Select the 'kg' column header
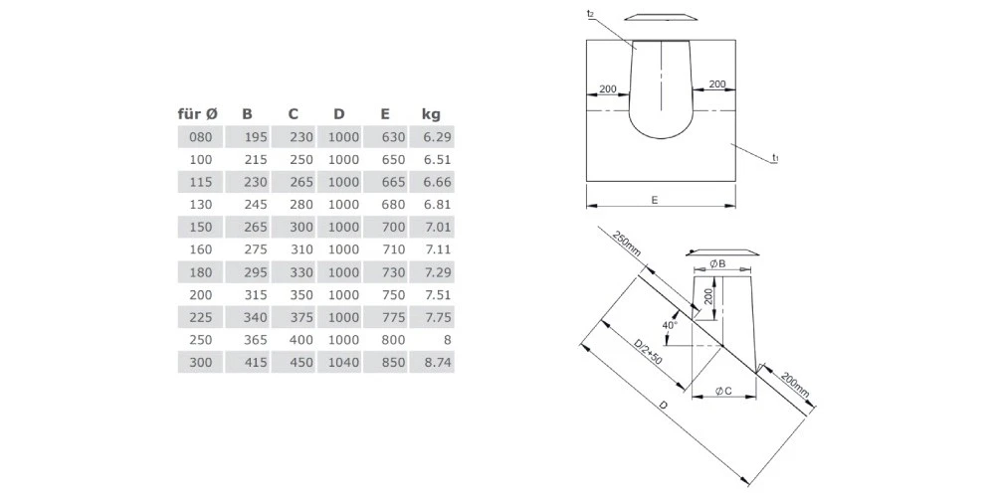(430, 113)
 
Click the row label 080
(200, 136)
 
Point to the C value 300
(300, 227)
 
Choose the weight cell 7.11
(438, 249)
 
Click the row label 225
(200, 317)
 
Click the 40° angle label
(669, 325)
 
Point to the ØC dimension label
(723, 392)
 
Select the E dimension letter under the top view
(654, 200)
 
